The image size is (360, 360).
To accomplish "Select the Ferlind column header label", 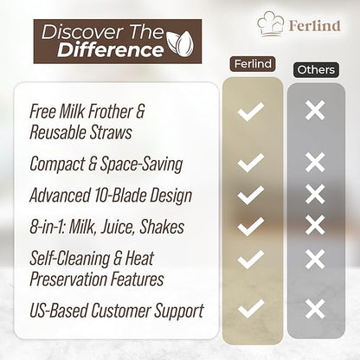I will (x=251, y=64).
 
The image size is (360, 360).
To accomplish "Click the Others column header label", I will (x=314, y=68).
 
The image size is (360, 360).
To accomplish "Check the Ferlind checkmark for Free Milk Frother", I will (x=251, y=111).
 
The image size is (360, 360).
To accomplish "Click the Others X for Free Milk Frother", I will (x=315, y=111).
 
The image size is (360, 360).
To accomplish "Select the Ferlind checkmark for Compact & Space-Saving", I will (x=251, y=162).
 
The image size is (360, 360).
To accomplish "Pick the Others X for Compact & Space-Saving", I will (x=315, y=162).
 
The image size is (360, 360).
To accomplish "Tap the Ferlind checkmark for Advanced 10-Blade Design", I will (x=251, y=195).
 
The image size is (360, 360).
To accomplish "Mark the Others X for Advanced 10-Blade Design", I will (x=315, y=195).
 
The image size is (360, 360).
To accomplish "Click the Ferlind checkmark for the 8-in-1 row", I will (x=251, y=227).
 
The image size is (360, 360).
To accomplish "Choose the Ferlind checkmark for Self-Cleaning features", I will (x=251, y=259).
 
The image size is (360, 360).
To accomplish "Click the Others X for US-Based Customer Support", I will (x=315, y=308).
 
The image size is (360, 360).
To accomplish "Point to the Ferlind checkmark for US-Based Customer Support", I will (x=251, y=308).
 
